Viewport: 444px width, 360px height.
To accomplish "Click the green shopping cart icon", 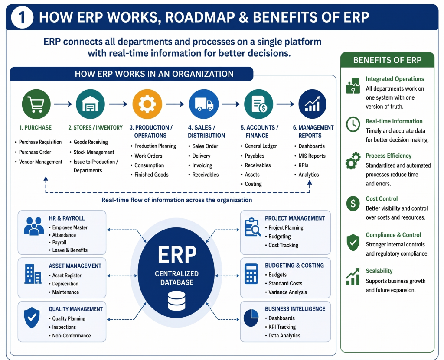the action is [x=36, y=104].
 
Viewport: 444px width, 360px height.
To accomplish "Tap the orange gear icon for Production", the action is [x=147, y=104].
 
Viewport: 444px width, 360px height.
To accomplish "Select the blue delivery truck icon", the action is [x=204, y=104].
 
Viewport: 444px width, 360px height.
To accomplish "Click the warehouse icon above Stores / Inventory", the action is [x=90, y=104].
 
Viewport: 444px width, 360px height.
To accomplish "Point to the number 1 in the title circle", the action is [x=22, y=17].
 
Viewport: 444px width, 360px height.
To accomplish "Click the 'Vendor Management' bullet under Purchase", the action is [x=40, y=162].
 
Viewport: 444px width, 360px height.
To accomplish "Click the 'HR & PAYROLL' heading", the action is [x=66, y=218].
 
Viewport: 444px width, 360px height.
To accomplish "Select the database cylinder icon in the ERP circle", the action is [x=176, y=301].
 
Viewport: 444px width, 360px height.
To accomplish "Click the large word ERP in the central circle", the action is [x=177, y=254].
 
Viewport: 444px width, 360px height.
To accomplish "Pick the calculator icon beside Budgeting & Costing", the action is [x=251, y=274].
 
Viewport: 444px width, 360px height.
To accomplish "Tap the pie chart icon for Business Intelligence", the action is [x=251, y=318].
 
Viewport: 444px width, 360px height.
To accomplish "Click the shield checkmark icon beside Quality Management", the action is [x=32, y=318].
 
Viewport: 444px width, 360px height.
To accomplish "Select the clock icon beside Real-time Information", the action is [x=353, y=124].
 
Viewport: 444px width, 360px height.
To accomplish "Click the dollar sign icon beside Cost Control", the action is [x=353, y=203].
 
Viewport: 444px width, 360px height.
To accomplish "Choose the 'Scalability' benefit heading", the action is [x=379, y=271].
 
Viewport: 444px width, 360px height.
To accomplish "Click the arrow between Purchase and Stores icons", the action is [x=63, y=104].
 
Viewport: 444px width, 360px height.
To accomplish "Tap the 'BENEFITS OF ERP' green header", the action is [x=387, y=60].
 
